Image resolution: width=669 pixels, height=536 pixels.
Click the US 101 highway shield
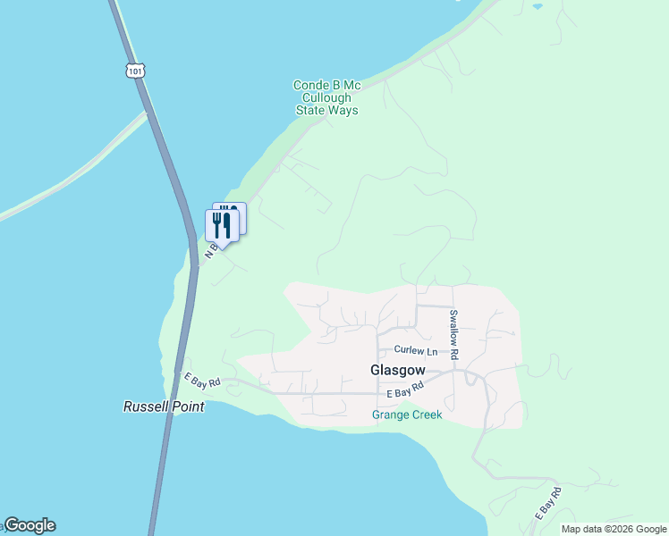pyautogui.click(x=135, y=71)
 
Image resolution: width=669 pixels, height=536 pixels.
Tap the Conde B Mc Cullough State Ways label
pyautogui.click(x=326, y=98)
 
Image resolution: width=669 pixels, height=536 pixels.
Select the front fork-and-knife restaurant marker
pyautogui.click(x=222, y=225)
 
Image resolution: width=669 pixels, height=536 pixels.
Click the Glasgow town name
pyautogui.click(x=397, y=370)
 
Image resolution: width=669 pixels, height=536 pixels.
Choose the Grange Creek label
pyautogui.click(x=407, y=415)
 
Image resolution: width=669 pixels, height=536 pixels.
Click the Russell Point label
pyautogui.click(x=163, y=406)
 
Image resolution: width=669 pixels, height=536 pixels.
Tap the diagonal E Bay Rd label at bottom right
pyautogui.click(x=547, y=504)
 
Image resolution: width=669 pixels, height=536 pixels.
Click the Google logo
pyautogui.click(x=30, y=525)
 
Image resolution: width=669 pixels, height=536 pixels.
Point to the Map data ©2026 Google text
pyautogui.click(x=614, y=529)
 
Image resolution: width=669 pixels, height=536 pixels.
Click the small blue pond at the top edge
pyautogui.click(x=537, y=5)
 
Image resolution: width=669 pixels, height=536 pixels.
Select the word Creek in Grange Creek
pyautogui.click(x=425, y=415)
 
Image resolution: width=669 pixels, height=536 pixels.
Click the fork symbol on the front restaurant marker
pyautogui.click(x=217, y=224)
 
